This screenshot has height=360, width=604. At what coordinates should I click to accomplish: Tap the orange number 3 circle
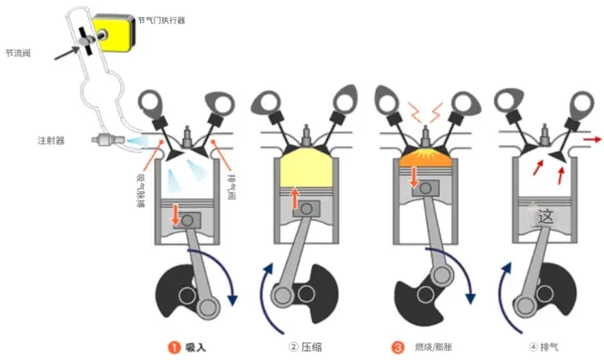point(396,346)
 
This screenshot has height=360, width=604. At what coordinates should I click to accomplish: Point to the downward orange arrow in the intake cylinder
point(176,214)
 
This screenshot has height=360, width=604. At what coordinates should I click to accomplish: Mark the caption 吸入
point(195,346)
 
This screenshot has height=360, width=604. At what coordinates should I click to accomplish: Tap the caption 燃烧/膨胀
point(430,346)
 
